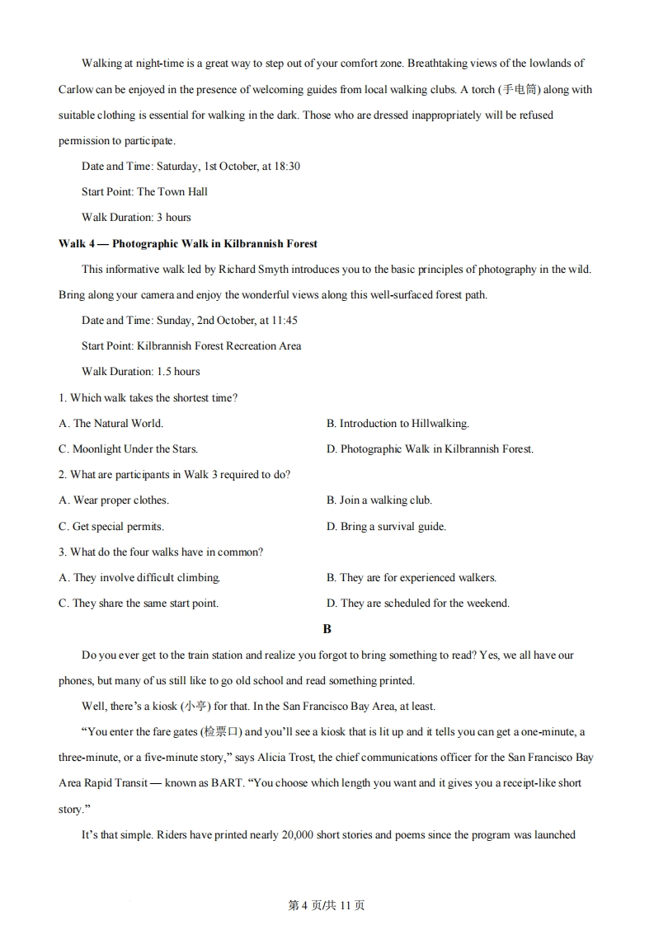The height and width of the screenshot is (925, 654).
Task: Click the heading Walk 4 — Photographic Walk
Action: pyautogui.click(x=188, y=243)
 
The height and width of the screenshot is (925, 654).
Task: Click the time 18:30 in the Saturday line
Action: pyautogui.click(x=285, y=166)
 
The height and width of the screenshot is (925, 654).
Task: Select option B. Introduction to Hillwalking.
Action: pyautogui.click(x=398, y=423)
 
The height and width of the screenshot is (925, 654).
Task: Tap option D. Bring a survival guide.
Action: pyautogui.click(x=386, y=526)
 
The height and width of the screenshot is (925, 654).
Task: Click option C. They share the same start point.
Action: pyautogui.click(x=139, y=603)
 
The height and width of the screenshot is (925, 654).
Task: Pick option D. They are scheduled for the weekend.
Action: pyautogui.click(x=418, y=603)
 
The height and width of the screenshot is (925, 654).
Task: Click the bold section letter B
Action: pyautogui.click(x=327, y=628)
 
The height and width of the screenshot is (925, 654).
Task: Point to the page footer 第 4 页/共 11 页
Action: pyautogui.click(x=327, y=904)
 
